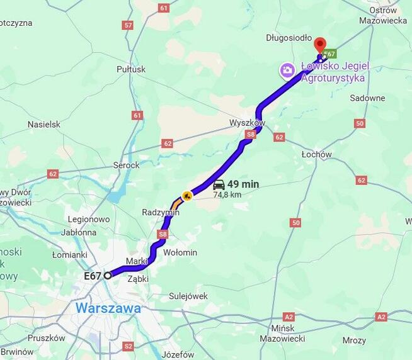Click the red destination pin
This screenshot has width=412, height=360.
point(320,45)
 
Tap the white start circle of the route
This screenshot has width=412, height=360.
point(108,275)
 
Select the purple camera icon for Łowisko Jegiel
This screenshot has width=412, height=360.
point(287,70)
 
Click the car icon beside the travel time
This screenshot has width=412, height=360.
point(219,184)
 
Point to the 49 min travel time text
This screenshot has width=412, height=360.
point(243,184)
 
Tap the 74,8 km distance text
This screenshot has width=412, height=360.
point(227,195)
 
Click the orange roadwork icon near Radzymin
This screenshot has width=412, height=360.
point(186,196)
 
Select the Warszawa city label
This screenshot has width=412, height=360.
point(108,309)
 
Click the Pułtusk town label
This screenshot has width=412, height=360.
point(131,69)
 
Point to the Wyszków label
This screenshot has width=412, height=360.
point(247,123)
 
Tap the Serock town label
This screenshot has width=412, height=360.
point(126,165)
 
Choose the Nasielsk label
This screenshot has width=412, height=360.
point(44,125)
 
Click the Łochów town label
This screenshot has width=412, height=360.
point(316,154)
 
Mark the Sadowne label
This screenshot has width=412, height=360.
point(367,98)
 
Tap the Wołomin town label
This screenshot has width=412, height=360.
point(180,252)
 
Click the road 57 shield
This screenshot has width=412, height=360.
point(129,25)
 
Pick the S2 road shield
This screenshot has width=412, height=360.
point(129,346)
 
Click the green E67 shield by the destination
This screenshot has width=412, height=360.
point(330,54)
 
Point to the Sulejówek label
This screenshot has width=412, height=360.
point(188,296)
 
